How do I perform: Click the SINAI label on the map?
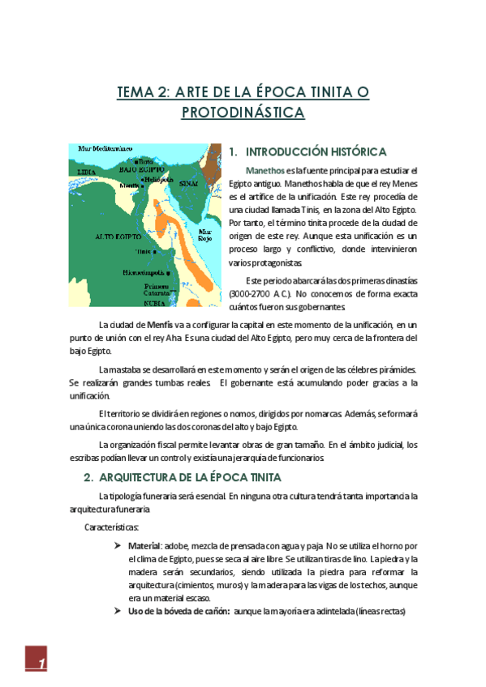[188, 184]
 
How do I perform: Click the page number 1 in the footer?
[41, 665]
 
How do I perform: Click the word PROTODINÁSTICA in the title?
[243, 113]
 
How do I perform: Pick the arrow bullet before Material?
[118, 546]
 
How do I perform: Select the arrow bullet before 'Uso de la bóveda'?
[118, 611]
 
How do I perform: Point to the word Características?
[112, 527]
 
